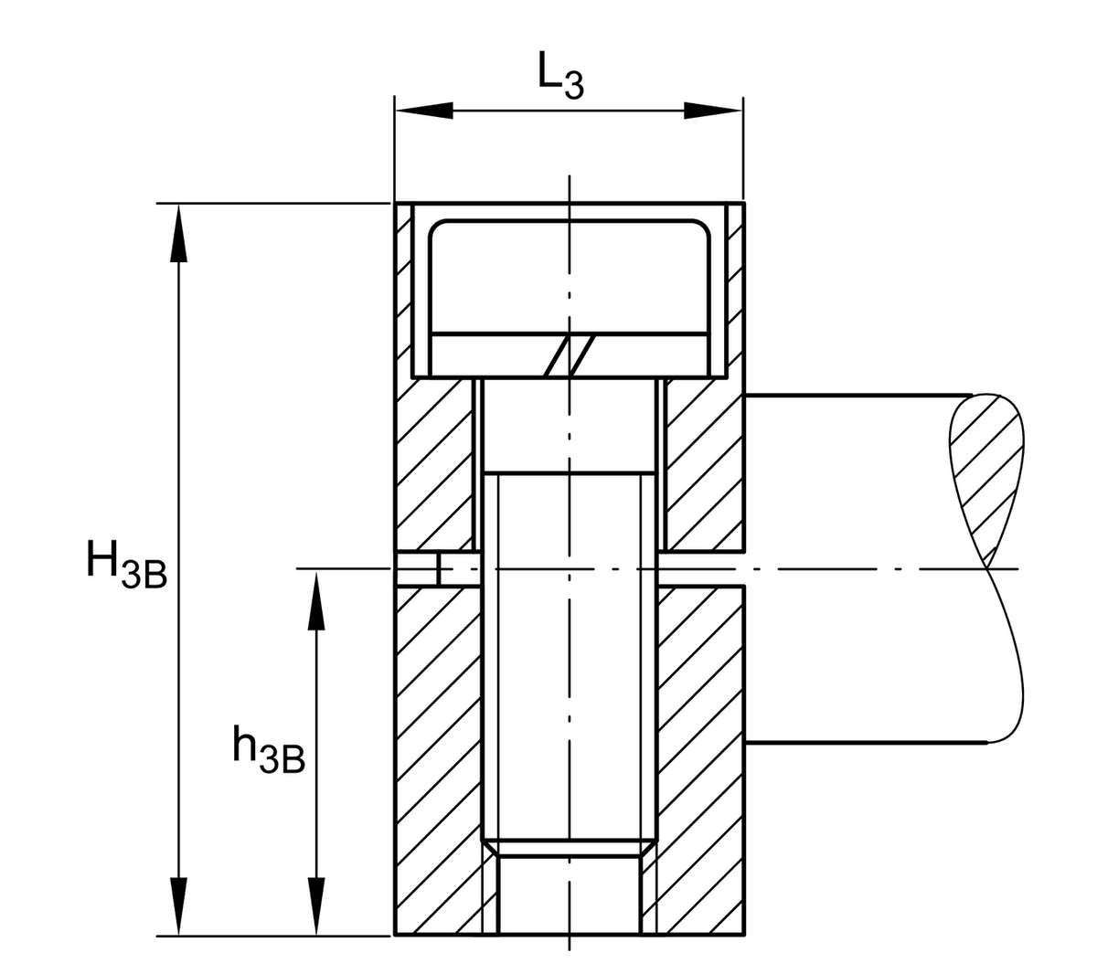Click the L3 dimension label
coord(561,76)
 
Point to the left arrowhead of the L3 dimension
coord(424,111)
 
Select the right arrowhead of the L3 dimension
coord(712,111)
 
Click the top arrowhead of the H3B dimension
coord(178,233)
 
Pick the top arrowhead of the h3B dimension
coord(316,600)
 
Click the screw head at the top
coord(570,298)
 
